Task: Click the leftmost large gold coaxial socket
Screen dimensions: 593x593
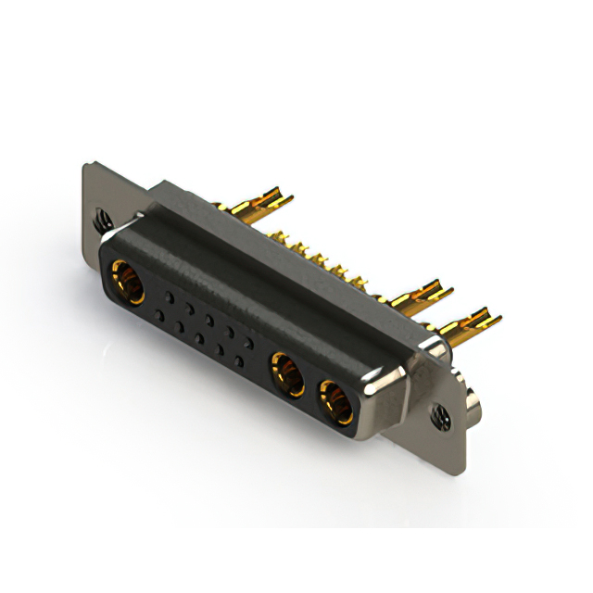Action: click(x=128, y=282)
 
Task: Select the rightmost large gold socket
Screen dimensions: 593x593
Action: click(x=334, y=400)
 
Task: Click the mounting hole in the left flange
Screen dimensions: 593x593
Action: click(x=103, y=221)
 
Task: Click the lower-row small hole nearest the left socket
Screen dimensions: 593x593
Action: click(x=159, y=315)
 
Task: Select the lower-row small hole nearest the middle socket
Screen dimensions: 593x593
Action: click(x=240, y=360)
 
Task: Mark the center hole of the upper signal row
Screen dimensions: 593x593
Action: click(x=208, y=318)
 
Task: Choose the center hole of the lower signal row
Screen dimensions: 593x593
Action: click(x=200, y=338)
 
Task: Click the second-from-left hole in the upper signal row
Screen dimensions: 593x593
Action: click(x=188, y=306)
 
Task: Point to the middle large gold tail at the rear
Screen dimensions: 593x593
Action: click(x=422, y=296)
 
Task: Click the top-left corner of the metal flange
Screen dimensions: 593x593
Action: click(x=86, y=166)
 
